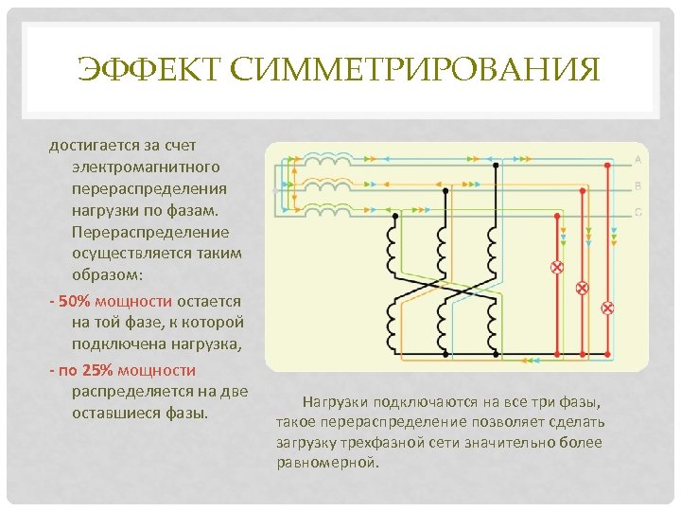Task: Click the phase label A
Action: tap(638, 159)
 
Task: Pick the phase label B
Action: tap(638, 185)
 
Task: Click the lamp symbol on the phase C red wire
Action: tap(557, 267)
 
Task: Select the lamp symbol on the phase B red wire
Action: tap(583, 287)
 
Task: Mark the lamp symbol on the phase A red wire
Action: tap(608, 308)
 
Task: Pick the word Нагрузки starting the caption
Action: tap(334, 401)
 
